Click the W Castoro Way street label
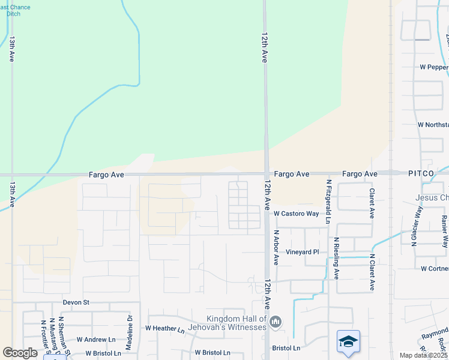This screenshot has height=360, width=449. (x=296, y=214)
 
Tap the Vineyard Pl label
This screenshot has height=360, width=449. (x=302, y=252)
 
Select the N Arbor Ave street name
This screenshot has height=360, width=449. (x=276, y=248)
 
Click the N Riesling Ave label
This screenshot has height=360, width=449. (x=337, y=262)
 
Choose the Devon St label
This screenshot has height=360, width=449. (x=76, y=302)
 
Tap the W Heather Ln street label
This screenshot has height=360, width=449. (x=164, y=328)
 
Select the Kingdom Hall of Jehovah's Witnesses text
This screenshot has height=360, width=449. (x=236, y=323)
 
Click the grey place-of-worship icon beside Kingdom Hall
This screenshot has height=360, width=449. (x=276, y=323)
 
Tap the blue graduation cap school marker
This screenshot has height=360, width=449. (x=348, y=341)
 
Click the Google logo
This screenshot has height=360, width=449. (x=20, y=353)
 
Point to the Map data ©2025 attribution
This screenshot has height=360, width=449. (x=424, y=355)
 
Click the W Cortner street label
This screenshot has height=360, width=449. (x=435, y=269)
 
